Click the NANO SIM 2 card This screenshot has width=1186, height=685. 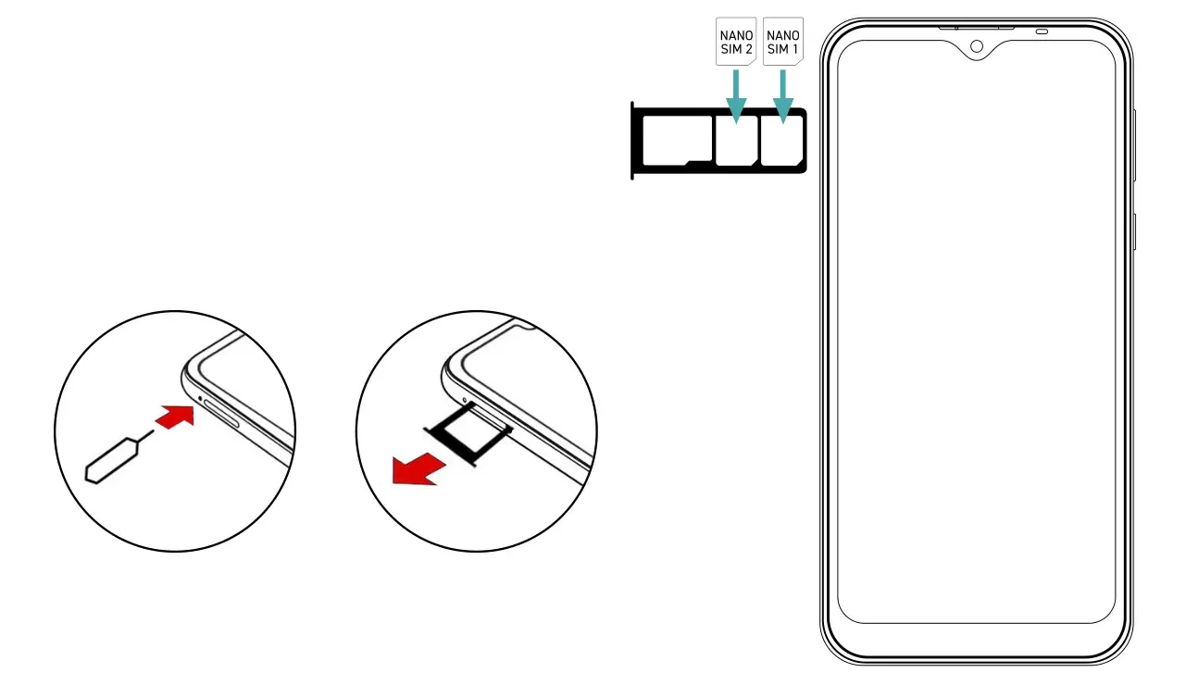(736, 42)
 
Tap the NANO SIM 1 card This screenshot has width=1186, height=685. (783, 42)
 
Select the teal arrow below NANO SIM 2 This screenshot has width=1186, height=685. (736, 97)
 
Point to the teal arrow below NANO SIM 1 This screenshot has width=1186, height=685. (783, 97)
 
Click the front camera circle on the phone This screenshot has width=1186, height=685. (977, 46)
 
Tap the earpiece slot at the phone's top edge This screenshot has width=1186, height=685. (976, 28)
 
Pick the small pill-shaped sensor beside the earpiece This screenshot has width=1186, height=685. (1042, 31)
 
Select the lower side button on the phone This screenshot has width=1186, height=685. (1134, 231)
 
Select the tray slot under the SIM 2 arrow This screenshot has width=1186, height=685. (736, 141)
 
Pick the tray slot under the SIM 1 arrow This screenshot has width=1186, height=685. (782, 141)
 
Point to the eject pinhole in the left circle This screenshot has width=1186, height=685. (201, 399)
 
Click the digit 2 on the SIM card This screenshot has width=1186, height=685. (748, 49)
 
